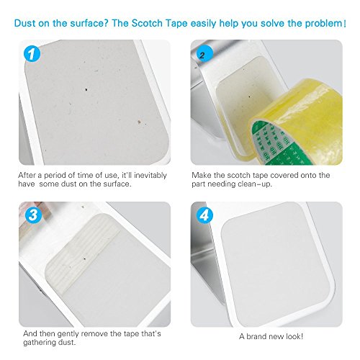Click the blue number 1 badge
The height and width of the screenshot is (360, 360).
pyautogui.click(x=32, y=54)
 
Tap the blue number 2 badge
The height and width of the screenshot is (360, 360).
pyautogui.click(x=204, y=54)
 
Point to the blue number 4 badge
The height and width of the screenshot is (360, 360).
pyautogui.click(x=204, y=215)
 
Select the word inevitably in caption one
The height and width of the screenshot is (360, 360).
pyautogui.click(x=150, y=176)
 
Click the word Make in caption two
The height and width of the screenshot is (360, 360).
pyautogui.click(x=202, y=175)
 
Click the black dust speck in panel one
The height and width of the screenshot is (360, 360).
pyautogui.click(x=86, y=89)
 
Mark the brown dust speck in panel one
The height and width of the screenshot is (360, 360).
pyautogui.click(x=139, y=122)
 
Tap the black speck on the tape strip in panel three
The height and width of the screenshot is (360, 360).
pyautogui.click(x=84, y=258)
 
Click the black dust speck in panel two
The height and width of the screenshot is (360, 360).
pyautogui.click(x=249, y=96)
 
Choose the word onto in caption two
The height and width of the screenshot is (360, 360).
pyautogui.click(x=306, y=176)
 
